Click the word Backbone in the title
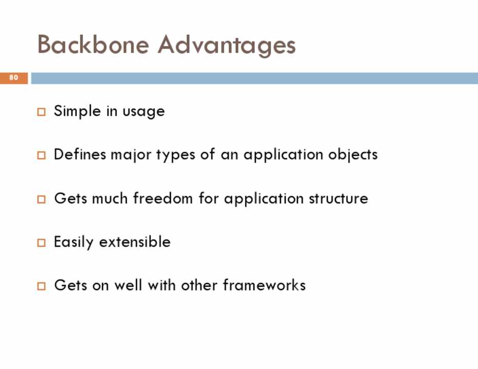pos(93,45)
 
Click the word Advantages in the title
pos(227,46)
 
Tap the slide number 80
pos(13,77)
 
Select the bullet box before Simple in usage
pos(42,112)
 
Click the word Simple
pos(77,111)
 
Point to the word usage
pos(144,112)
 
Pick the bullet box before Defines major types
pos(42,155)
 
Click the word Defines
pos(80,154)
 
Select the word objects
pos(353,155)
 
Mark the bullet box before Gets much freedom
pos(42,199)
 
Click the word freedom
pos(163,198)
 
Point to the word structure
pos(338,199)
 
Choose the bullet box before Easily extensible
pos(42,243)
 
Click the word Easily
pos(73,242)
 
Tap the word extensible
pos(135,242)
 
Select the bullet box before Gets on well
pos(42,286)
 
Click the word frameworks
pos(264,285)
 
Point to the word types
pos(175,155)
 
